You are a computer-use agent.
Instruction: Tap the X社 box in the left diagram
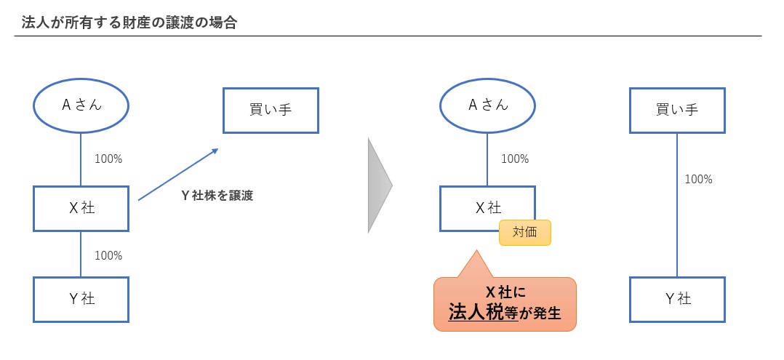81,209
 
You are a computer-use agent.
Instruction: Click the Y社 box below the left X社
81,299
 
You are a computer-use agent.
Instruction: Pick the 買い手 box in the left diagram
271,111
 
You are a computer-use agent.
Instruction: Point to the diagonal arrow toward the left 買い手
178,174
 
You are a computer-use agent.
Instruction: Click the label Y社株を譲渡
217,195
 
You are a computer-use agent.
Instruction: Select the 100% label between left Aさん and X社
108,159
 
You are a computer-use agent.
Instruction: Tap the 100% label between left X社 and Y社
108,255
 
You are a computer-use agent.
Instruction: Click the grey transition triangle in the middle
379,185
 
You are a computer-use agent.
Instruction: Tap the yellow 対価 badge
524,233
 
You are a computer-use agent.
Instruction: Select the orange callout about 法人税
505,303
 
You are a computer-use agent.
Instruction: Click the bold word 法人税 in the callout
476,313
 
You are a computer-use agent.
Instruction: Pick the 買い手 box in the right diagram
677,111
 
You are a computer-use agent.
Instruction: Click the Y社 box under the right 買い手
677,299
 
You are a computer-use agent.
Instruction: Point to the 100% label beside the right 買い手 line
699,179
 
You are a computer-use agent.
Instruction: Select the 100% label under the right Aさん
515,159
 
